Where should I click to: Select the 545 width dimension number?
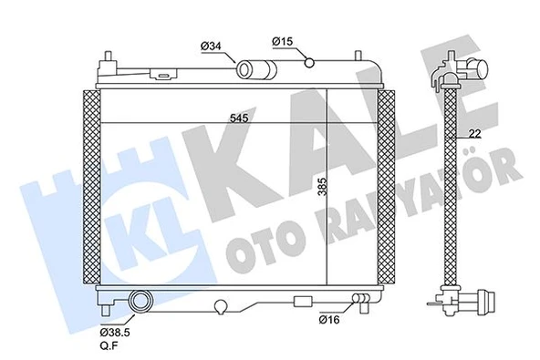pos(240,116)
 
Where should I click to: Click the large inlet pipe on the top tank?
pos(250,68)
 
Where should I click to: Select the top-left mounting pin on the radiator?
pos(111,58)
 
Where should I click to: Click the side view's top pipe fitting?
pos(472,67)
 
